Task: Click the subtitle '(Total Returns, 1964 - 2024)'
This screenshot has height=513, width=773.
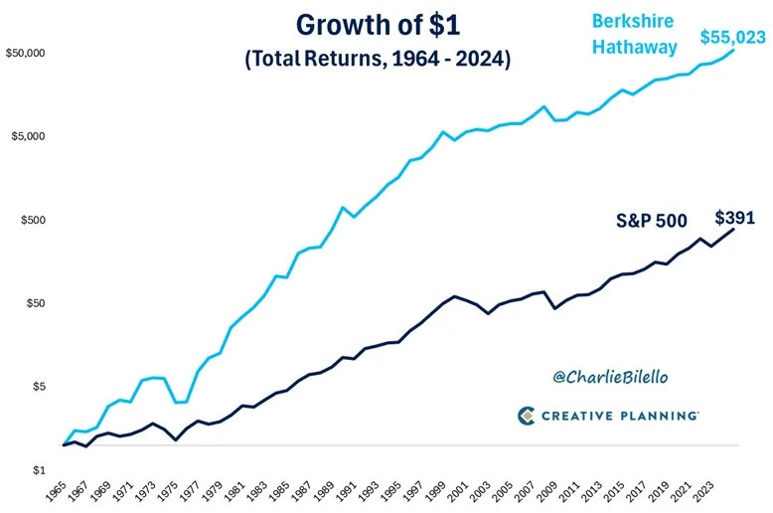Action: click(378, 60)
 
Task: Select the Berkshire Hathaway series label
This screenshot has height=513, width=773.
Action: click(635, 33)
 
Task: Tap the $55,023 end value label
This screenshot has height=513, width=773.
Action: click(732, 39)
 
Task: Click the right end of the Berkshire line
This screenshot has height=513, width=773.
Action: click(733, 51)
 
